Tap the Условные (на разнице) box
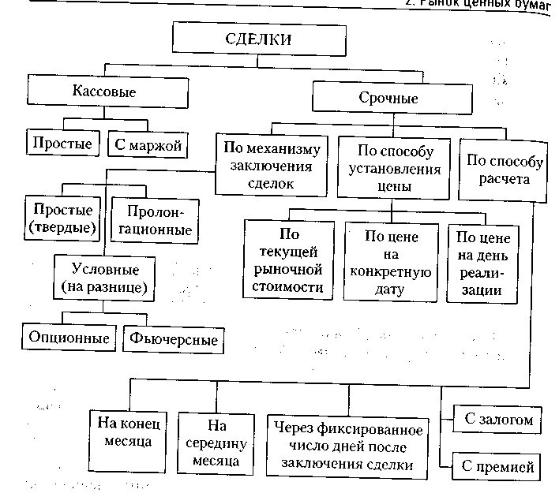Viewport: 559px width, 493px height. click(x=104, y=277)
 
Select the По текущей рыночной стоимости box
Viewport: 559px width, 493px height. click(x=291, y=260)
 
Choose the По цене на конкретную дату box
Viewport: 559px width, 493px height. click(x=392, y=261)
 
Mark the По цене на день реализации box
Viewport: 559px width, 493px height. click(x=484, y=265)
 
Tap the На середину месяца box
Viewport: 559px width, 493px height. click(x=219, y=441)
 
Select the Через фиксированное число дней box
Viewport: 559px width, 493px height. click(x=348, y=447)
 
